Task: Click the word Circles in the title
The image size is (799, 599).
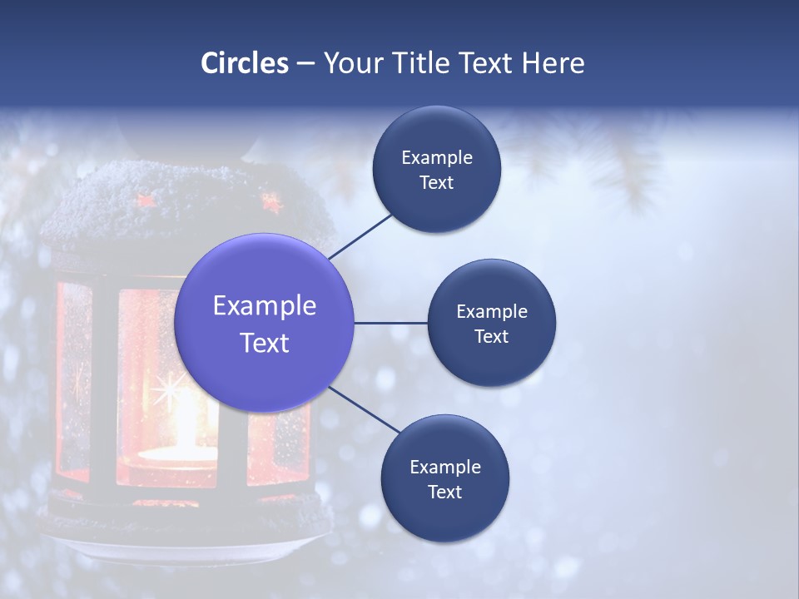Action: (245, 62)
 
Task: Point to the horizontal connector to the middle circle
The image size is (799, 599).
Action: (390, 323)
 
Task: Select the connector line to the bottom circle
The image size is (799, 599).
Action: (366, 409)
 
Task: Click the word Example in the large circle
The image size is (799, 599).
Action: (264, 305)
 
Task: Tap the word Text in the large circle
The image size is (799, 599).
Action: (264, 343)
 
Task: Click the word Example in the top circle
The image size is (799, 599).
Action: (436, 157)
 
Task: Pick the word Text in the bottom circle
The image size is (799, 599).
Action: (444, 492)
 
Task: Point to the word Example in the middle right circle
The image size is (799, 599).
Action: (491, 311)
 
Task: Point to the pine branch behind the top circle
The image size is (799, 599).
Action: (608, 158)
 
